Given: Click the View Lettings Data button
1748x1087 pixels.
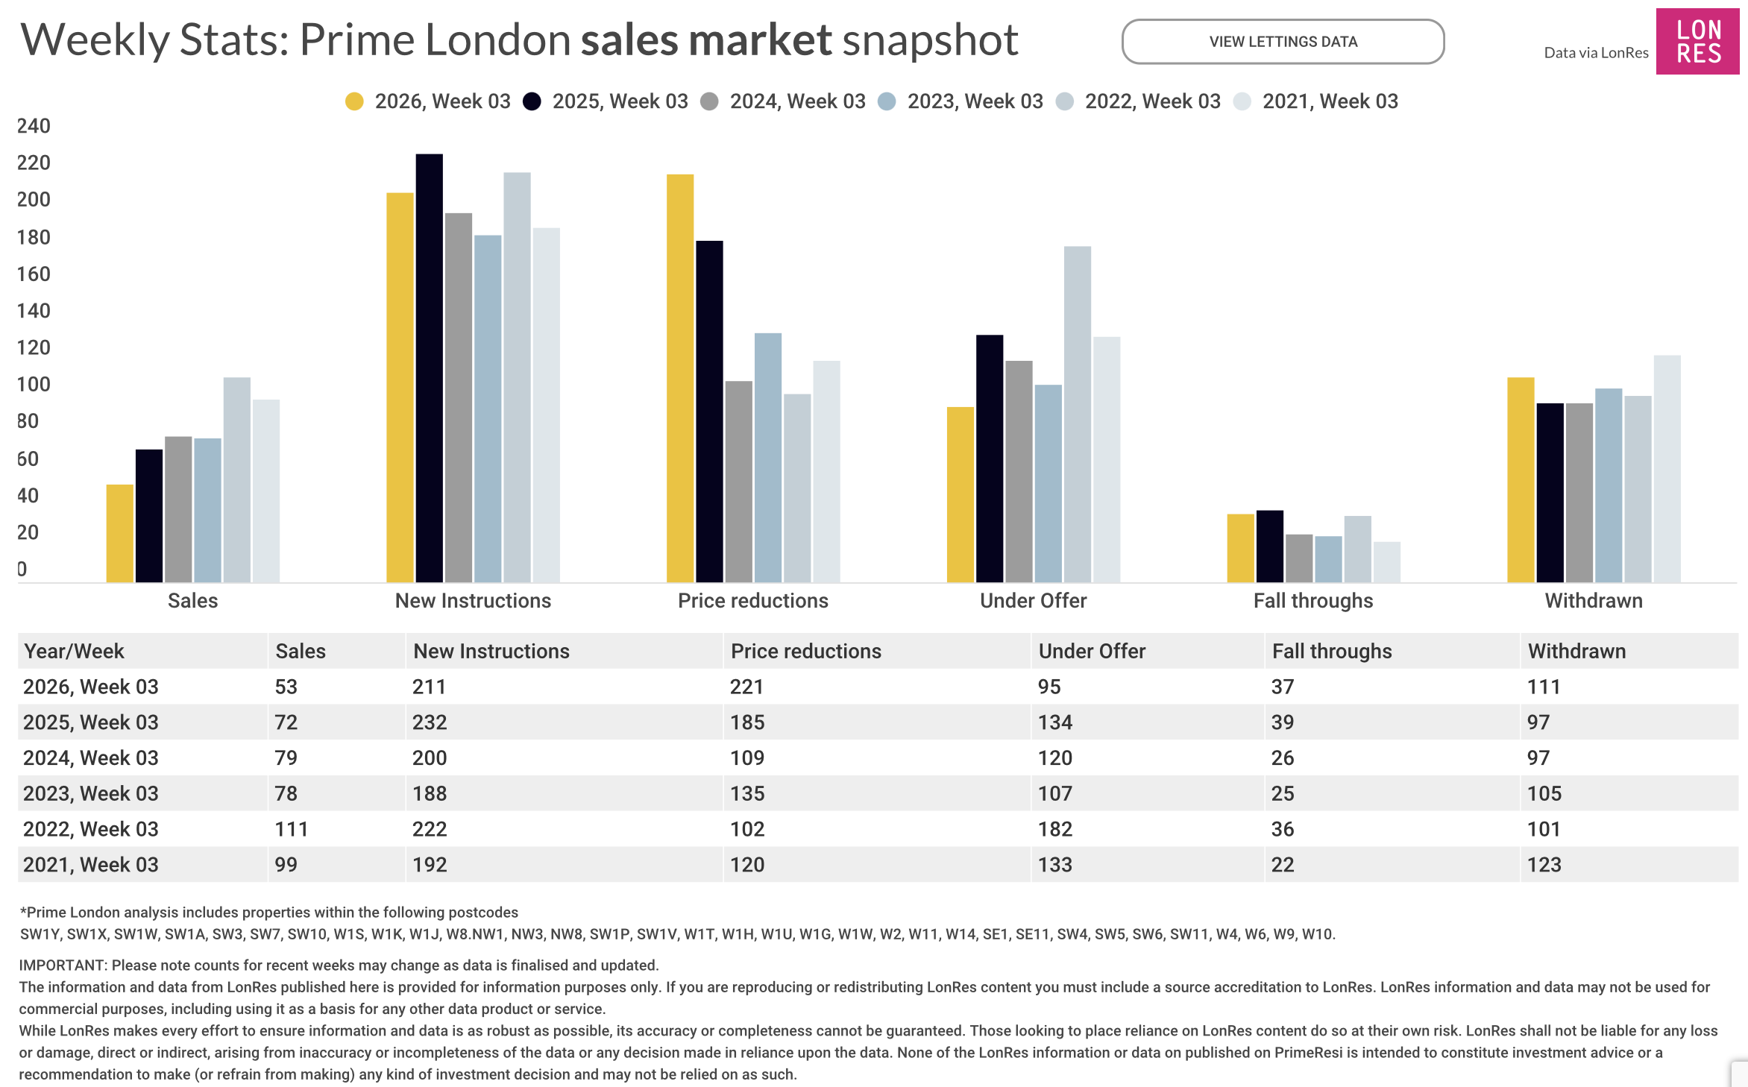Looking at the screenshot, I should [1283, 42].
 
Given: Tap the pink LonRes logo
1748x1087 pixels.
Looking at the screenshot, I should [1698, 42].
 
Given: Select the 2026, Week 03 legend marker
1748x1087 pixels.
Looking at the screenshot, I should [354, 101].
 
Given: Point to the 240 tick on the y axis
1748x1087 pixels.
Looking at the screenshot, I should [34, 126].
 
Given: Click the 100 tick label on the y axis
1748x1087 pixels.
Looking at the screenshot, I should [34, 385].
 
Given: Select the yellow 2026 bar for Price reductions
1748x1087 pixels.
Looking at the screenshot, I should [679, 377].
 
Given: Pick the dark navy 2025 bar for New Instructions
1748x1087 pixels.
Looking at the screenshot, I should [429, 368].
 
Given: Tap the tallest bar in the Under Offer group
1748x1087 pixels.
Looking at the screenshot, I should [1077, 414].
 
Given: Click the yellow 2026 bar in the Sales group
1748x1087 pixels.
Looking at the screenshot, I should [119, 533].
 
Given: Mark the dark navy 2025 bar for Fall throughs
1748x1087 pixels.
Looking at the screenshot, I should [1269, 546].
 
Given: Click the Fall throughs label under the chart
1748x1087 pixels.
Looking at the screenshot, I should [1312, 601].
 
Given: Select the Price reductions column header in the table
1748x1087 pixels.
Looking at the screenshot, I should [805, 651].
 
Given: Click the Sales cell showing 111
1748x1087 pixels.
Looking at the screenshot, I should [292, 829].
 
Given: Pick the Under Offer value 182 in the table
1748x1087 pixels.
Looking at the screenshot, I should [1055, 829].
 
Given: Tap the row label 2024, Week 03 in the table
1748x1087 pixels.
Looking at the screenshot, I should [91, 758].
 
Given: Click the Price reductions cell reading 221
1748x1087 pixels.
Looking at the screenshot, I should [746, 687].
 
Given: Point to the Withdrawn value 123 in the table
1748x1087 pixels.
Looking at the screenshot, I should [1544, 865].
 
